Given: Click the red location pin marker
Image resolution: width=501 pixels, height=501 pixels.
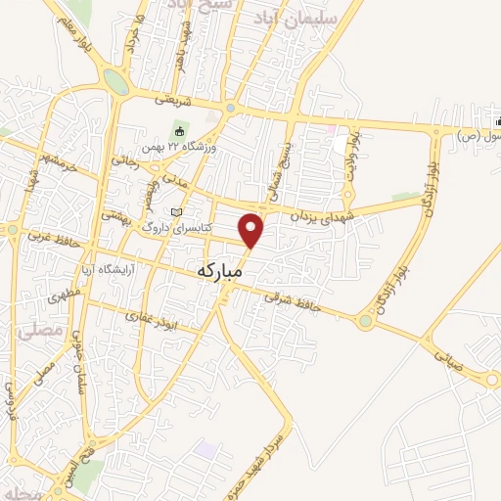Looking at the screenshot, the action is tap(252, 229).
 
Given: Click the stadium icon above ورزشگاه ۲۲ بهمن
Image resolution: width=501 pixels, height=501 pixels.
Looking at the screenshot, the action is tap(178, 131).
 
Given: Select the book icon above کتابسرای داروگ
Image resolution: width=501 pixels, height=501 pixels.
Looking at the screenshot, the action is tap(176, 212).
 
